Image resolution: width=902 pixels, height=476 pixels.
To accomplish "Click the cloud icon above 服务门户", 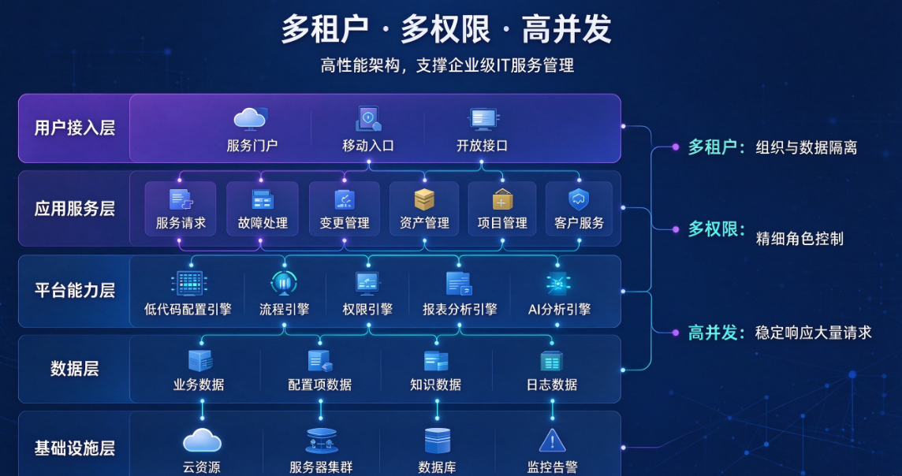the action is [x=250, y=118].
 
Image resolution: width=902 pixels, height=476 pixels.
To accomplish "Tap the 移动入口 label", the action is [x=368, y=146].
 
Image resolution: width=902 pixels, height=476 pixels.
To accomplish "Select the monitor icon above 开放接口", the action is [x=482, y=119].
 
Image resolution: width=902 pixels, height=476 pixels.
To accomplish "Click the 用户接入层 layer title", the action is [x=75, y=128].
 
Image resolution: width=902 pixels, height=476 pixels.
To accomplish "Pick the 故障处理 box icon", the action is [x=263, y=199].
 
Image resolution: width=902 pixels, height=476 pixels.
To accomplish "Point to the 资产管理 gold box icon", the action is [x=424, y=199].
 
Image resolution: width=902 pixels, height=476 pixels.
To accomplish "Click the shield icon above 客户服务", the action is [x=579, y=199].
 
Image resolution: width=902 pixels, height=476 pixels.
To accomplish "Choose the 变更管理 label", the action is [x=345, y=223].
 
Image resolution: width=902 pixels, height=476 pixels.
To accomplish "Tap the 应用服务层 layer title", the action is [x=75, y=208].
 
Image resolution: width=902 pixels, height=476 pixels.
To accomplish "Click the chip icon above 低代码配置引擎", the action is [x=188, y=284].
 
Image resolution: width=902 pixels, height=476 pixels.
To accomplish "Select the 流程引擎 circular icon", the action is [x=284, y=283].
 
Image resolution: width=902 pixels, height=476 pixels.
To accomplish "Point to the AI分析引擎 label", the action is [x=559, y=309].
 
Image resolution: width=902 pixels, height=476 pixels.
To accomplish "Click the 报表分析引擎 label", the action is [x=460, y=309].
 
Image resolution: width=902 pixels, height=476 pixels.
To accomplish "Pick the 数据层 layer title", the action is [x=75, y=369].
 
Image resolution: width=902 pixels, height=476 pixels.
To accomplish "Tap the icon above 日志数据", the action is [x=552, y=361].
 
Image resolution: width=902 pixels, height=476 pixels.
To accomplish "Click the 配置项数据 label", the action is [x=320, y=385].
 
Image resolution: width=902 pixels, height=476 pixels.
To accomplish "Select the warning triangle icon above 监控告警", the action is [x=552, y=441].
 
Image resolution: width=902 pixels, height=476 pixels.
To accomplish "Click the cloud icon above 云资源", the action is [x=202, y=441].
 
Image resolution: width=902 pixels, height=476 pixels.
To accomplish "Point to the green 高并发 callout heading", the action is [x=713, y=333].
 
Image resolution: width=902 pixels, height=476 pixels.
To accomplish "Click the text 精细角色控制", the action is [x=799, y=239].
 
